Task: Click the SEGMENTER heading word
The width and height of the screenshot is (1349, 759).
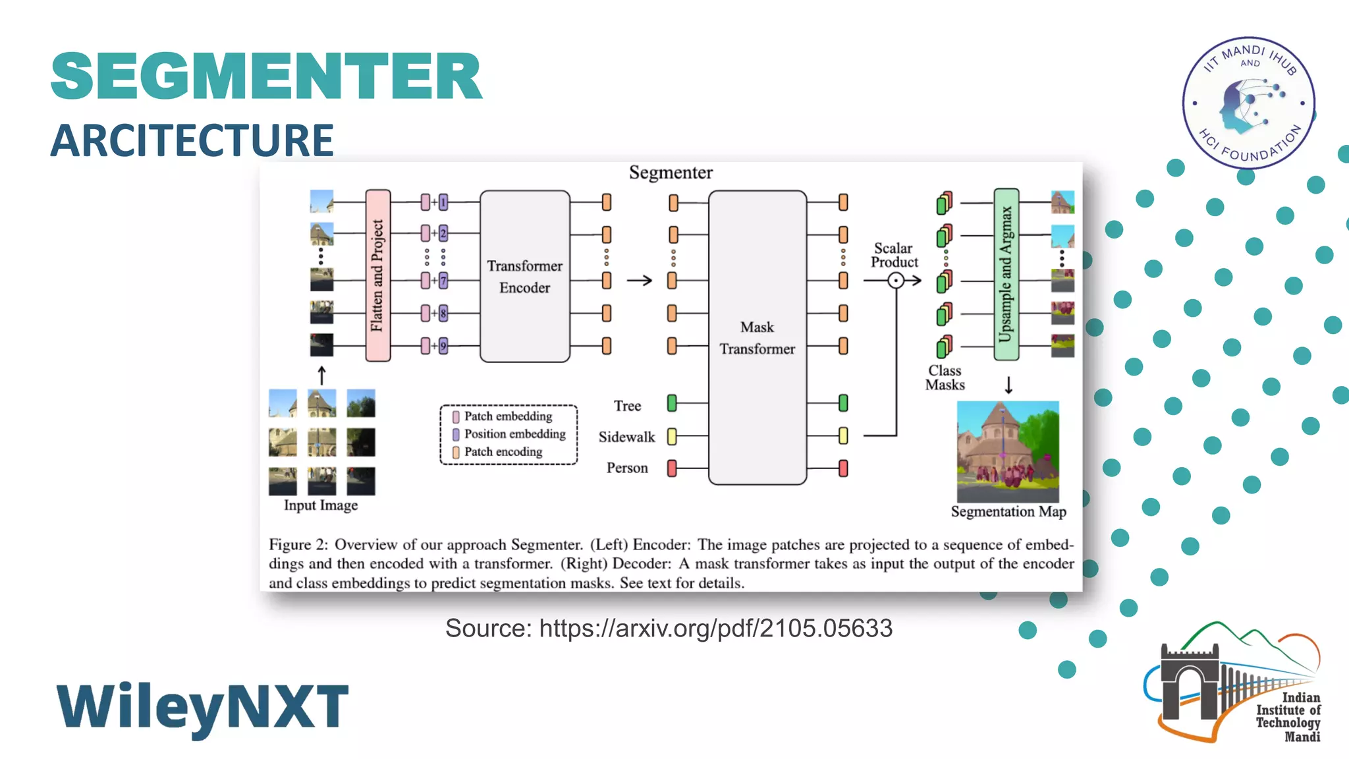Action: click(266, 76)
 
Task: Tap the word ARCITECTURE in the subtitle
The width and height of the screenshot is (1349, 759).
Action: click(192, 140)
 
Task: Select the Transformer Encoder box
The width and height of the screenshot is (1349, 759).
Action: click(524, 276)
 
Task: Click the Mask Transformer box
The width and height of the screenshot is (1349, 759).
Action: click(757, 337)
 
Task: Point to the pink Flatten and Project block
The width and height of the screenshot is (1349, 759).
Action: click(377, 275)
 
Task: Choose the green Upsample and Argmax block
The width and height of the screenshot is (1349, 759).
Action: click(1006, 274)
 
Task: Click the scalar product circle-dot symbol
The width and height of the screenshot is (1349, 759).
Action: click(896, 281)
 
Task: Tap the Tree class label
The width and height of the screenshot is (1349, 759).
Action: click(627, 406)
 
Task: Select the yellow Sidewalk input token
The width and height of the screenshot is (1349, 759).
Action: click(672, 436)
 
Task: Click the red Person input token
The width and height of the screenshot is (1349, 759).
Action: click(672, 468)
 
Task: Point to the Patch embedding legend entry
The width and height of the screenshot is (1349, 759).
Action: click(507, 416)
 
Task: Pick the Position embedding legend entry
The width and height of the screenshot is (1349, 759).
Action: click(514, 434)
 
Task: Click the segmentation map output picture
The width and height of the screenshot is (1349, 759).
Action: click(1008, 451)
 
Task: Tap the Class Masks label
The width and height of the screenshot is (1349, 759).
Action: click(945, 378)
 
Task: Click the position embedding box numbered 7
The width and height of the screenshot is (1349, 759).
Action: click(443, 281)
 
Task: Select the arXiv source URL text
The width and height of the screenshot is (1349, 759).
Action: click(715, 628)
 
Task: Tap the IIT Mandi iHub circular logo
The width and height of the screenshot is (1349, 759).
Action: click(1248, 103)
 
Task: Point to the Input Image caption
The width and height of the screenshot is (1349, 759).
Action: click(321, 505)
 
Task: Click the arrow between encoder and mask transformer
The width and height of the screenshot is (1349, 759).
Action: click(639, 281)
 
